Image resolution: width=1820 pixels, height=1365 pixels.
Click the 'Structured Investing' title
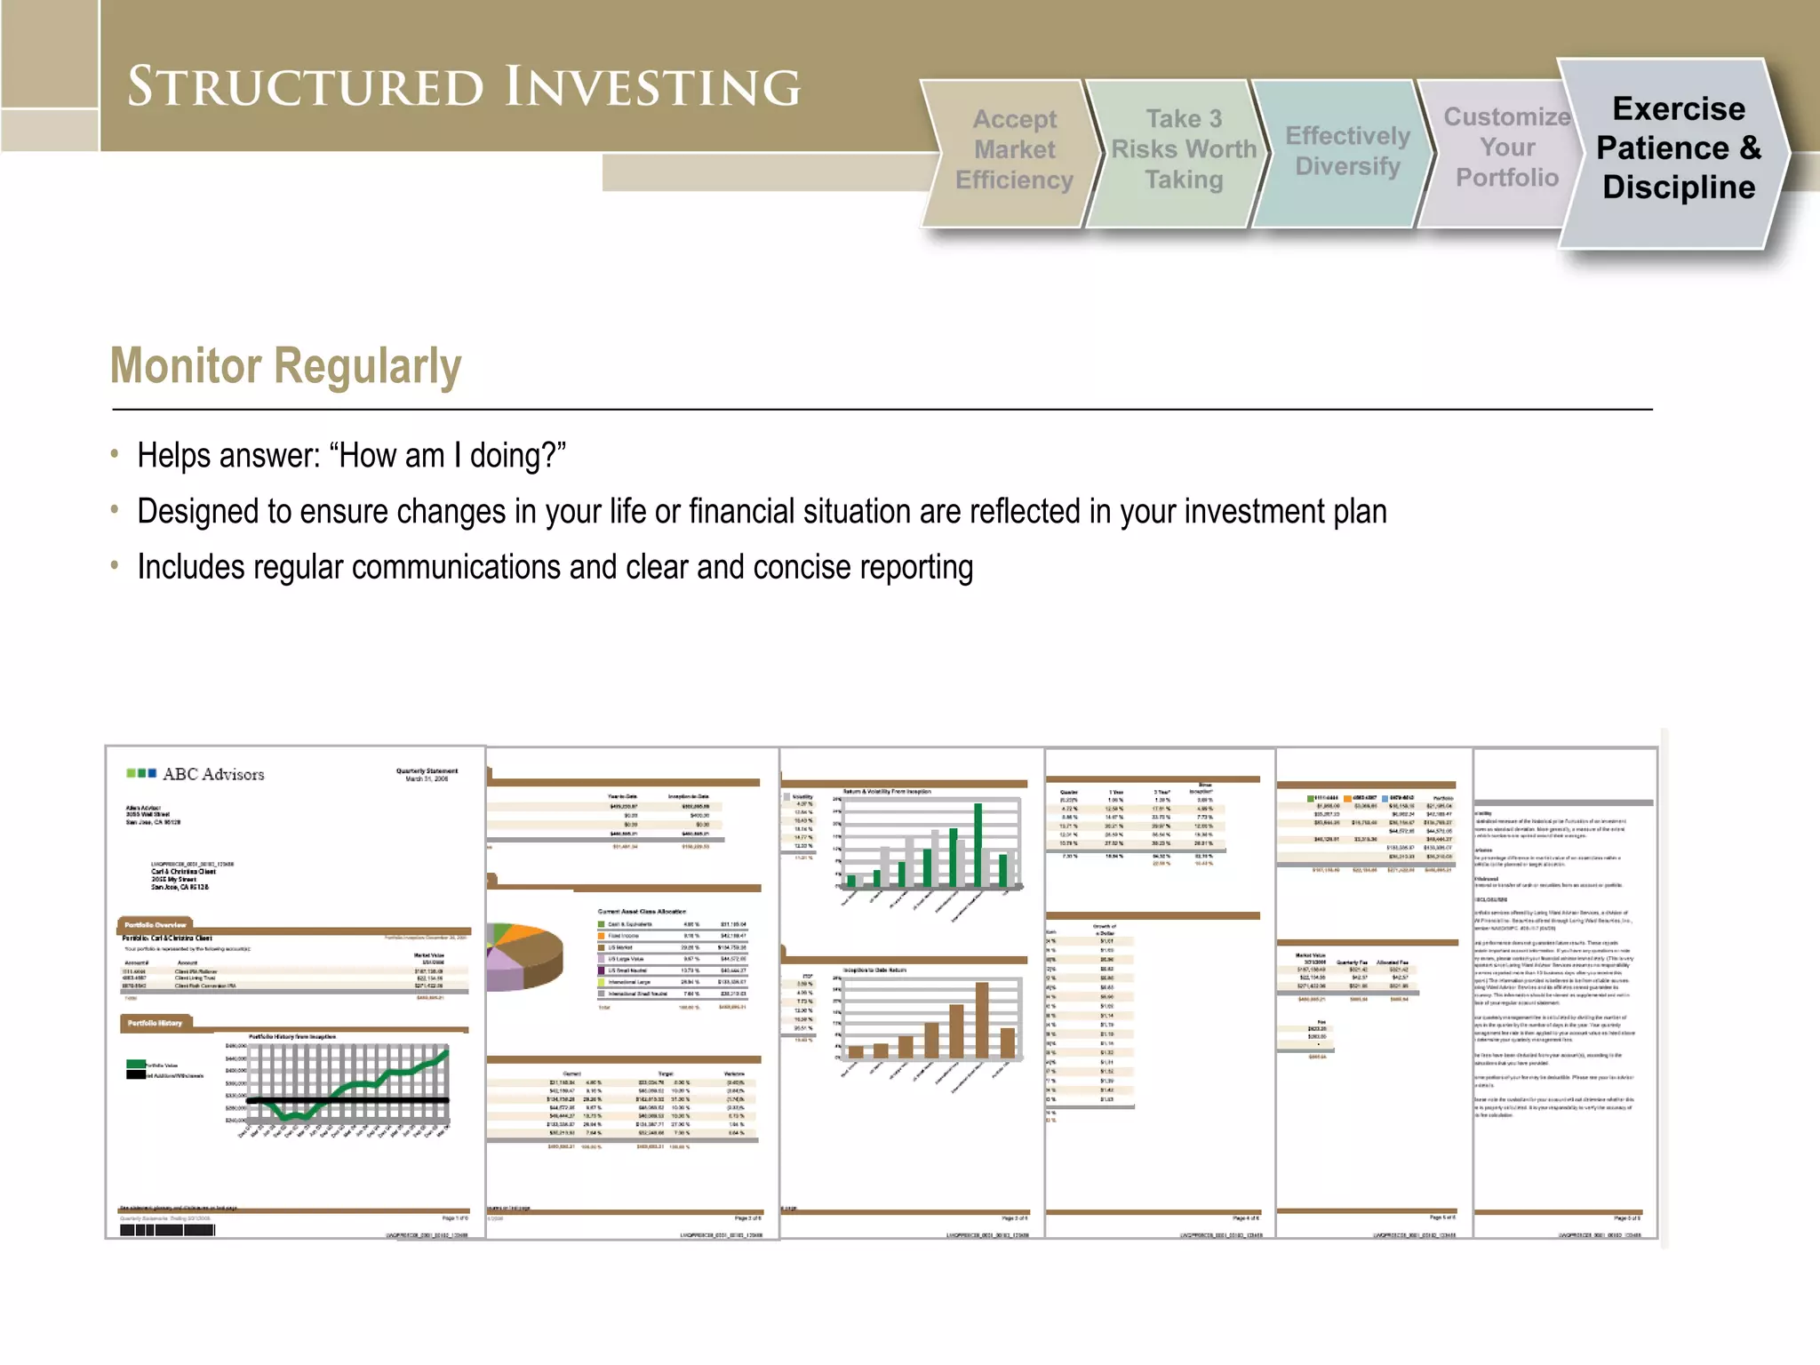coord(463,86)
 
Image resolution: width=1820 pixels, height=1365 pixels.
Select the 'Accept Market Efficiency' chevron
coord(1014,150)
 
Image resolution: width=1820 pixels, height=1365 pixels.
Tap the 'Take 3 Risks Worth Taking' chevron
coord(1183,150)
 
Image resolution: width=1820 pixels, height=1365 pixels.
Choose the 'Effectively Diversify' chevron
coord(1347,151)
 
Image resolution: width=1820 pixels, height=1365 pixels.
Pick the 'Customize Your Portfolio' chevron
coord(1506,148)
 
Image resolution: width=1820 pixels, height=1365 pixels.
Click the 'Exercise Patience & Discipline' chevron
coord(1678,148)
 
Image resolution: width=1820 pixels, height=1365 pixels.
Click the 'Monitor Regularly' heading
coord(285,366)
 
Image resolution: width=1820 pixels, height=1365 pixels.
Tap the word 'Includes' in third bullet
coord(190,568)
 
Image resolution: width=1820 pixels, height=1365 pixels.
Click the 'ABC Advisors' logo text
coord(213,774)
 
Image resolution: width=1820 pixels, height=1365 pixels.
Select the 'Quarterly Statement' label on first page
coord(427,770)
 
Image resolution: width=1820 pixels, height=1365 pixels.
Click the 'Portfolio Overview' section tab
coord(156,925)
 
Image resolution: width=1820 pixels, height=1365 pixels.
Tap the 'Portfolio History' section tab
coord(155,1023)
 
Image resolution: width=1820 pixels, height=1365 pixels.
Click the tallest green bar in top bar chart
coord(978,844)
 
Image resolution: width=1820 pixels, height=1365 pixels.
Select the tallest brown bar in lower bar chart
coord(981,1019)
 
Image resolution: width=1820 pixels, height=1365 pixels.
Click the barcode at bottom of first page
coord(167,1230)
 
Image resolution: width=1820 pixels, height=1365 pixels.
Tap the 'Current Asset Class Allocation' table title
coord(641,912)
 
